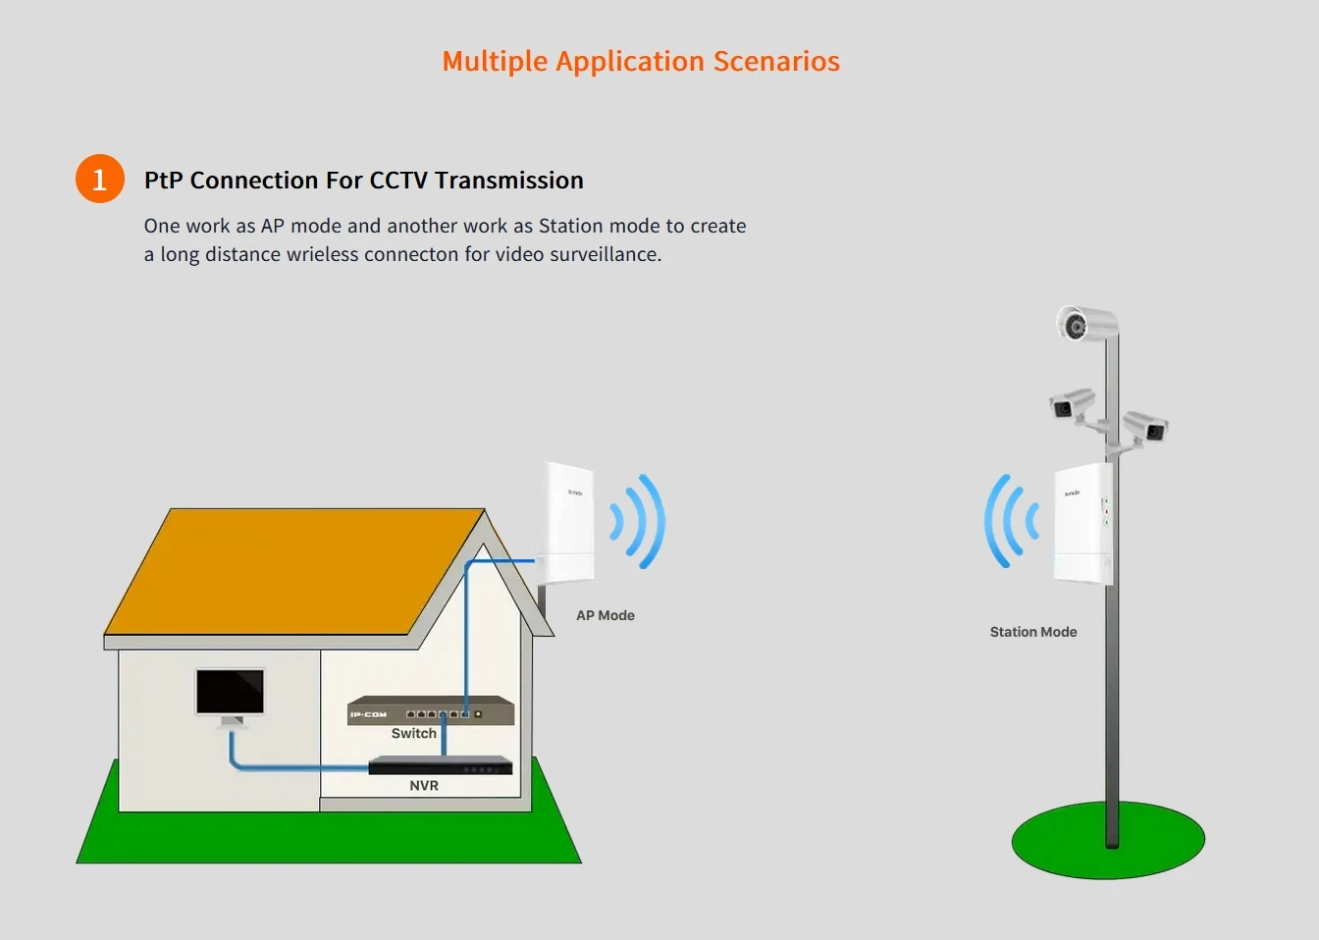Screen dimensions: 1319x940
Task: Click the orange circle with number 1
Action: [x=100, y=179]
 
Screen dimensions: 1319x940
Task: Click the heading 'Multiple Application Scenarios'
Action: [x=641, y=61]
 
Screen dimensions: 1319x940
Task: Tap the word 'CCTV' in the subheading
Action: [x=398, y=181]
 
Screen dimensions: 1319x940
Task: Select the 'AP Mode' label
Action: [x=606, y=615]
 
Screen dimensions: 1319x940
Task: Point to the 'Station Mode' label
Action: [x=1033, y=632]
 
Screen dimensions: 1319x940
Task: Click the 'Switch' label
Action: [x=414, y=733]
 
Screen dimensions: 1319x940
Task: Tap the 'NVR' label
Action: [x=424, y=785]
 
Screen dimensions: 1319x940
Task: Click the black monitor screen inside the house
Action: [x=230, y=692]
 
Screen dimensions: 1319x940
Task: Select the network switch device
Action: [x=431, y=710]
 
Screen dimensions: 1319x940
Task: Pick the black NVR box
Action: [x=441, y=765]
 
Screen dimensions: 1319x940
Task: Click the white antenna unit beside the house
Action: [x=565, y=522]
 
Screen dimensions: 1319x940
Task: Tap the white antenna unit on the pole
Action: [x=1082, y=525]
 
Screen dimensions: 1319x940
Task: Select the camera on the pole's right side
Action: [x=1145, y=427]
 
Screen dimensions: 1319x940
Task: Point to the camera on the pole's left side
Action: [x=1071, y=403]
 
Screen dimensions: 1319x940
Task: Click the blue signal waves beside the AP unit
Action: [x=639, y=521]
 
